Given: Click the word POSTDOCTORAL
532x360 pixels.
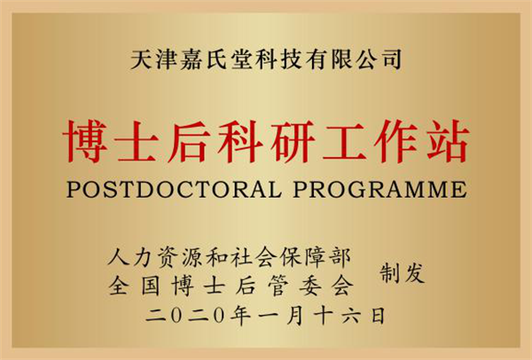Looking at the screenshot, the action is [x=174, y=189].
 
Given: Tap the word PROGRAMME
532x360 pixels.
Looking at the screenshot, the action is [x=380, y=189].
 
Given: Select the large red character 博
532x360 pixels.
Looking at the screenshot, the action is [x=85, y=142].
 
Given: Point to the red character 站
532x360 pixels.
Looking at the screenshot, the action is [x=448, y=142].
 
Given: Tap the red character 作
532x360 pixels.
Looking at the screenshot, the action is [x=396, y=142].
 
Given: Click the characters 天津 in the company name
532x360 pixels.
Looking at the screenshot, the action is [x=153, y=59].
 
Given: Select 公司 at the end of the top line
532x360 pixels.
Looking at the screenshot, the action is [x=380, y=59].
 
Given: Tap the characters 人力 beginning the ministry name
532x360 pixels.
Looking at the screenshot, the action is [x=129, y=257].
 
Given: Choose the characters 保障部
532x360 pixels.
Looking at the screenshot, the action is [x=315, y=257].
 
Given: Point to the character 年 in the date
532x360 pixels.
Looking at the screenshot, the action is [x=241, y=316].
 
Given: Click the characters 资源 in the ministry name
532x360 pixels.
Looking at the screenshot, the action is [x=178, y=257].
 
